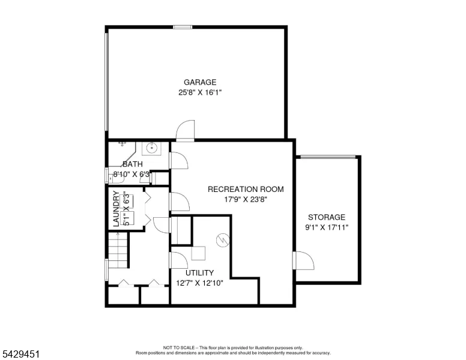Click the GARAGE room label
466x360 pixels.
(x=200, y=82)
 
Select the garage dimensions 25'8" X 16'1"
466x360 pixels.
(x=200, y=92)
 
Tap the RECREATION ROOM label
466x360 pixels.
(x=246, y=189)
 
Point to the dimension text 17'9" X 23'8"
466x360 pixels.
(x=246, y=199)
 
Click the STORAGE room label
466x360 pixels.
(x=327, y=217)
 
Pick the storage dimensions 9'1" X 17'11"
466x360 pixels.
(x=327, y=227)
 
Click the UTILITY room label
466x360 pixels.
(x=200, y=272)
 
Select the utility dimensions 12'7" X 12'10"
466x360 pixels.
(x=200, y=283)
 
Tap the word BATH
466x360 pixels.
(x=133, y=164)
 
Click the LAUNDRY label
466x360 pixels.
(x=116, y=209)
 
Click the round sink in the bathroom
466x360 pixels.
(x=151, y=148)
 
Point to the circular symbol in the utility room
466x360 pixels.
(x=223, y=240)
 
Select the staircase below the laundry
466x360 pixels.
(x=118, y=250)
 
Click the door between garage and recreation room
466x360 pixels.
(x=185, y=130)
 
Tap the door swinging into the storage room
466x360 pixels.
(x=303, y=260)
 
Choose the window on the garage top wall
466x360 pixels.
(x=183, y=28)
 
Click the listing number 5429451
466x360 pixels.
(x=21, y=354)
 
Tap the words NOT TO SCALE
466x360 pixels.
(x=179, y=347)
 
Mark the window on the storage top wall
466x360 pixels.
(x=328, y=157)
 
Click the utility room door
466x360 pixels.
(x=178, y=260)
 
